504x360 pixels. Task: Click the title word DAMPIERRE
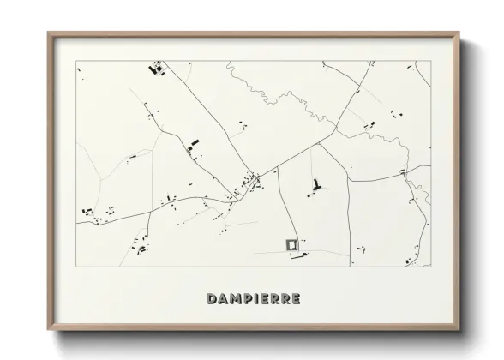pos(253,298)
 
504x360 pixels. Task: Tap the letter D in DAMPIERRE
pos(212,298)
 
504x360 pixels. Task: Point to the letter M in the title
pos(233,298)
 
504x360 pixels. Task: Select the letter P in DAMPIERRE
pos(245,298)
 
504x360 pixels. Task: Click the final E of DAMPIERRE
pos(294,298)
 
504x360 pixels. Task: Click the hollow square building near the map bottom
pos(291,244)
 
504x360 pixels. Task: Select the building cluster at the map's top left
pos(157,69)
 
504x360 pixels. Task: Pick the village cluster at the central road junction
pos(251,182)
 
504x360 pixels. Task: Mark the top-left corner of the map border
pos(76,62)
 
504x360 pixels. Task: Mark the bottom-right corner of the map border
pos(429,267)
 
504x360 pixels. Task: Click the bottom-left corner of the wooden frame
pos(48,328)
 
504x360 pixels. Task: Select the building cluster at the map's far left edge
pos(85,210)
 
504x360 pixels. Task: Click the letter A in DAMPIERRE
pos(222,298)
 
